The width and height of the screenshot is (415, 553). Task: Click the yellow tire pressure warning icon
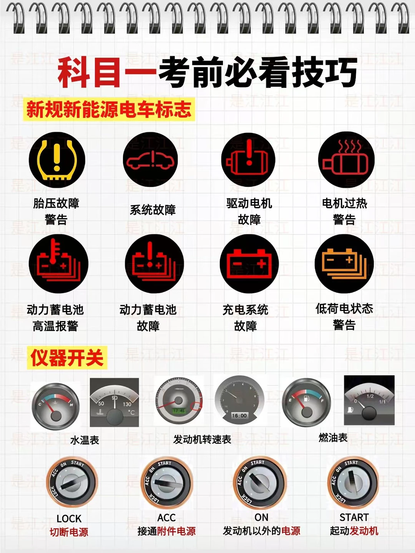click(x=57, y=160)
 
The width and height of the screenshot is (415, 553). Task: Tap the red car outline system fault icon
click(x=151, y=160)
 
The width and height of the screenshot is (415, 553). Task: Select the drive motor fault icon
click(x=248, y=160)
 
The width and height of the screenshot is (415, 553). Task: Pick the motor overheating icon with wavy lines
click(x=346, y=160)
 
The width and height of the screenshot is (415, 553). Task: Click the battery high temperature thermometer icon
click(x=58, y=264)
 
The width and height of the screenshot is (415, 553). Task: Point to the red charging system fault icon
click(x=249, y=264)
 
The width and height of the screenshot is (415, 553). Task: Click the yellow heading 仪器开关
click(x=67, y=358)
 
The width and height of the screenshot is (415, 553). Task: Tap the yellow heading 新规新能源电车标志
click(x=109, y=109)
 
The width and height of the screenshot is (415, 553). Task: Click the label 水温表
click(x=85, y=440)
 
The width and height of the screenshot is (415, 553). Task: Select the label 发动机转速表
click(x=202, y=439)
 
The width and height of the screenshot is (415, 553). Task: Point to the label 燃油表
click(x=333, y=437)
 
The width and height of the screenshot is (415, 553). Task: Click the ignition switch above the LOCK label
click(x=72, y=482)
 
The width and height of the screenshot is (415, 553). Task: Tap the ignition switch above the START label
click(x=353, y=482)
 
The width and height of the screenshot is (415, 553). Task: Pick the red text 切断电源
click(x=69, y=532)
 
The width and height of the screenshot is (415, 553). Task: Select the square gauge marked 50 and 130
click(x=114, y=402)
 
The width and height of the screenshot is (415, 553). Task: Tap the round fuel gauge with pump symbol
click(x=306, y=402)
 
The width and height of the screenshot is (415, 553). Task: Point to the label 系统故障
click(x=153, y=210)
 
